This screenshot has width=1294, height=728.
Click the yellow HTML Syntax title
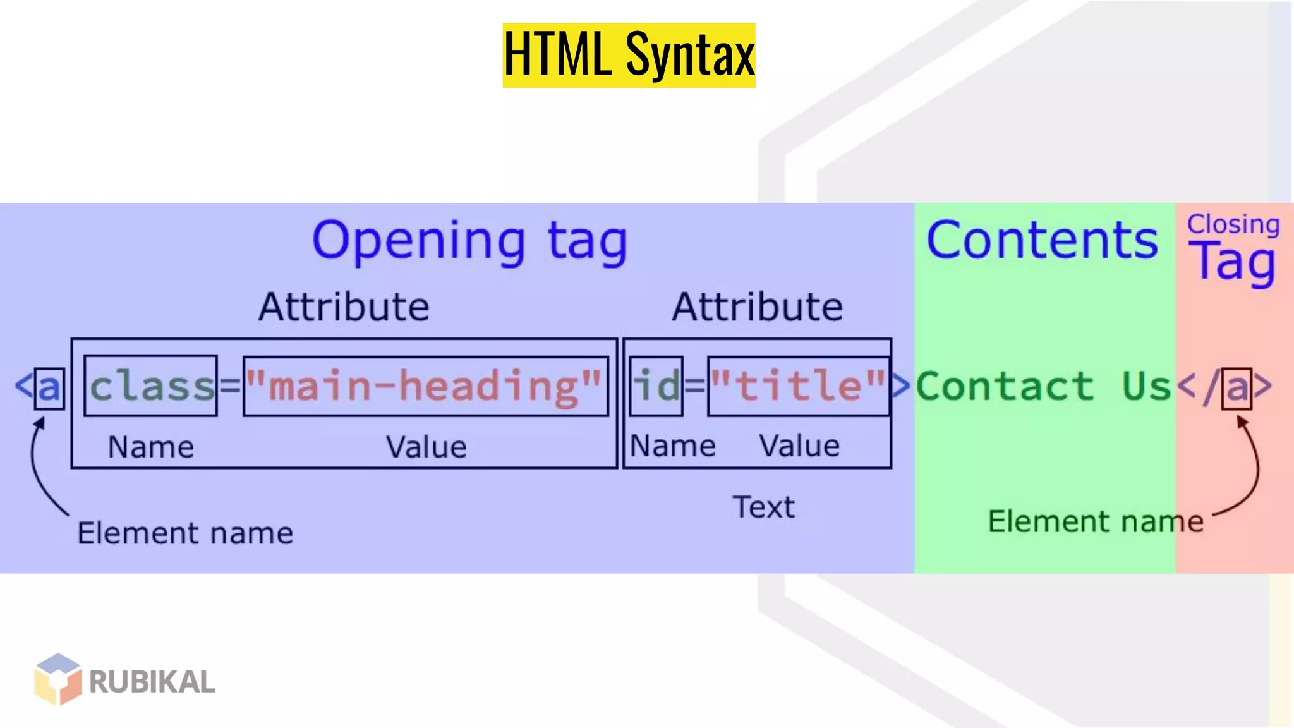point(629,56)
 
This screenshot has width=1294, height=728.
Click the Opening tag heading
point(469,241)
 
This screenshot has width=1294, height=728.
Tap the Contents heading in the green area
point(1043,241)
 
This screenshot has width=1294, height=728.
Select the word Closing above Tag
point(1233,224)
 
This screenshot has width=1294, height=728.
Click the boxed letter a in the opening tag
point(49,387)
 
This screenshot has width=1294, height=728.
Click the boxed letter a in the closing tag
point(1237,387)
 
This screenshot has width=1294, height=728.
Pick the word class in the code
point(152,386)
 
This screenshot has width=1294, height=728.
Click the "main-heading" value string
point(425,386)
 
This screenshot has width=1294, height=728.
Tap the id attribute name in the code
point(657,385)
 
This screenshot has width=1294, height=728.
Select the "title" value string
point(798,385)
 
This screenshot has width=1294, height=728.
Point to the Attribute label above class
point(344,308)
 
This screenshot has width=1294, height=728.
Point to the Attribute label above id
point(757,308)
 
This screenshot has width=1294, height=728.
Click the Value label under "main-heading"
point(426,447)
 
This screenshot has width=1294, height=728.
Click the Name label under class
point(151,447)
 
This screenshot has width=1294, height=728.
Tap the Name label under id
point(673,446)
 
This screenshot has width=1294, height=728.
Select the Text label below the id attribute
point(763,507)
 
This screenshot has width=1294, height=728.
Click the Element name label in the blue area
point(185,533)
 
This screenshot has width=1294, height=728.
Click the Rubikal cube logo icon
point(58,679)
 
